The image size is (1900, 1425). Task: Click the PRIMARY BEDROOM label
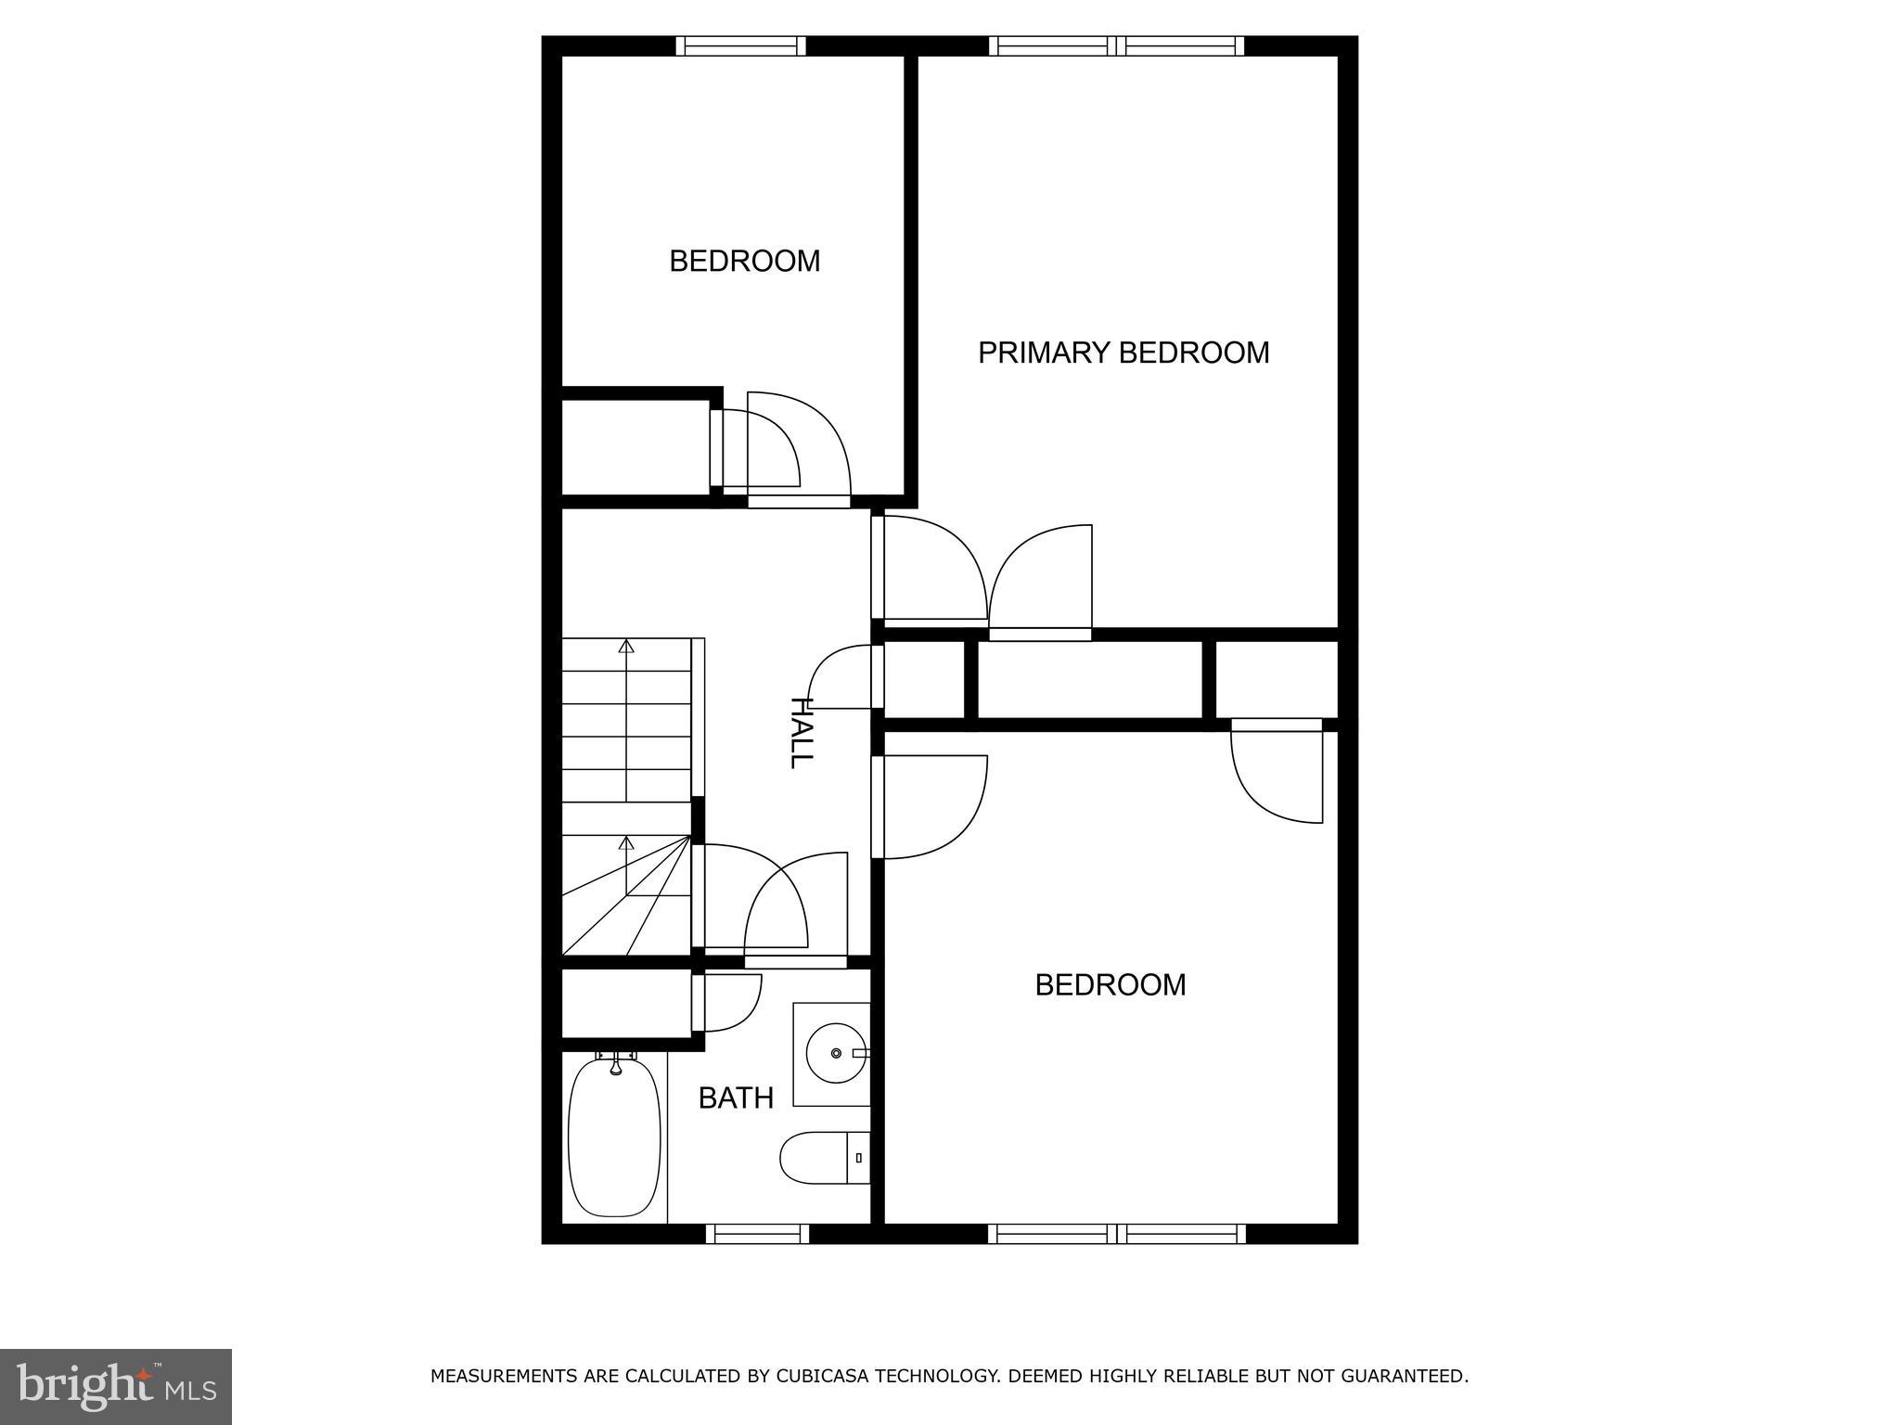[1123, 353]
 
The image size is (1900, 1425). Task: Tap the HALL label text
[800, 732]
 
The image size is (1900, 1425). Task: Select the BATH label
[736, 1098]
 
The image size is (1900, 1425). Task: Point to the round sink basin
[836, 1054]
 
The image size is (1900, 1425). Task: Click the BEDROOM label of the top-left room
[744, 262]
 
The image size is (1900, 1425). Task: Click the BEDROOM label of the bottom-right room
[1110, 984]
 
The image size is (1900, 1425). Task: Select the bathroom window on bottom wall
[757, 1234]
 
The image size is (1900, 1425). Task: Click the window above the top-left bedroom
[740, 46]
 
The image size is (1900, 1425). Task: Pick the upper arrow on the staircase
[626, 647]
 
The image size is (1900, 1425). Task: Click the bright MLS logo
[115, 1386]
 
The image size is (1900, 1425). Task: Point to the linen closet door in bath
[728, 1004]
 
